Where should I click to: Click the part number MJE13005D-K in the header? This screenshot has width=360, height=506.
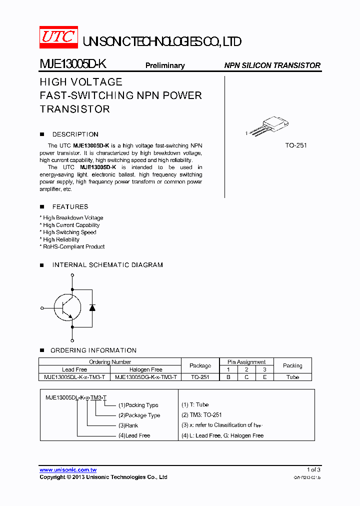pyautogui.click(x=72, y=64)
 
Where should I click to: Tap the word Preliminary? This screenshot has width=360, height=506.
pyautogui.click(x=165, y=65)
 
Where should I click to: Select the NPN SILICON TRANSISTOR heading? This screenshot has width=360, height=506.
pyautogui.click(x=272, y=65)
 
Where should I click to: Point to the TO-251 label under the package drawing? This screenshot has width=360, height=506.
pyautogui.click(x=296, y=145)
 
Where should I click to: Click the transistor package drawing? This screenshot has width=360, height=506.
pyautogui.click(x=270, y=125)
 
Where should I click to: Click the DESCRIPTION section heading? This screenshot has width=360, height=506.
pyautogui.click(x=75, y=134)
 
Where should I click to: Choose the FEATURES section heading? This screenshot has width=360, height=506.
pyautogui.click(x=70, y=207)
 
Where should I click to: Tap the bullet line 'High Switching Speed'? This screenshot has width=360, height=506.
pyautogui.click(x=69, y=232)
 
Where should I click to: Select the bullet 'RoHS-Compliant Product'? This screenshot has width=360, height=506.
pyautogui.click(x=73, y=247)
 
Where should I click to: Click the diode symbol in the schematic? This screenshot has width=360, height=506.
pyautogui.click(x=92, y=307)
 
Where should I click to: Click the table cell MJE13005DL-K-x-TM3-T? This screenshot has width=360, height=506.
pyautogui.click(x=74, y=377)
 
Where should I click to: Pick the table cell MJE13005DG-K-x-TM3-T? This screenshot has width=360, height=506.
pyautogui.click(x=146, y=377)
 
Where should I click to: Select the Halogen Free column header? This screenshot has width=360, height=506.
pyautogui.click(x=146, y=370)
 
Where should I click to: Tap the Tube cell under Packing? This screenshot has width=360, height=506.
pyautogui.click(x=292, y=377)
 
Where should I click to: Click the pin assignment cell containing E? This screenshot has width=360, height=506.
pyautogui.click(x=264, y=377)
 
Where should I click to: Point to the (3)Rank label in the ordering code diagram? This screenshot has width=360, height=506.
pyautogui.click(x=128, y=425)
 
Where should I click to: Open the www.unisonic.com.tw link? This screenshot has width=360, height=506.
pyautogui.click(x=68, y=470)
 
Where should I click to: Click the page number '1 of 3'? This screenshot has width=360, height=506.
pyautogui.click(x=313, y=469)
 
